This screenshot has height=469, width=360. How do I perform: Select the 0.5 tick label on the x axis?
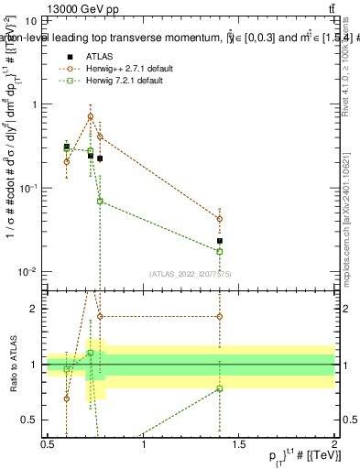point(47,444)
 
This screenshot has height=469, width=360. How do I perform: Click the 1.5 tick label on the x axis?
point(238,444)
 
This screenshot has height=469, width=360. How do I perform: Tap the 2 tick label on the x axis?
point(334,444)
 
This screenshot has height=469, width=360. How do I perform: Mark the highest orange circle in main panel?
point(90,116)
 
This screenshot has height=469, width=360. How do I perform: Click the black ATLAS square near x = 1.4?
point(220,241)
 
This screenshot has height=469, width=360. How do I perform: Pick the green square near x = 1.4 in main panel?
point(220,251)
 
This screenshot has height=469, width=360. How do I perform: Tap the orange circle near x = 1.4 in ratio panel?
point(220,317)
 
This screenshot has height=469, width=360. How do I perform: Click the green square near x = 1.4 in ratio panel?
point(220,388)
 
